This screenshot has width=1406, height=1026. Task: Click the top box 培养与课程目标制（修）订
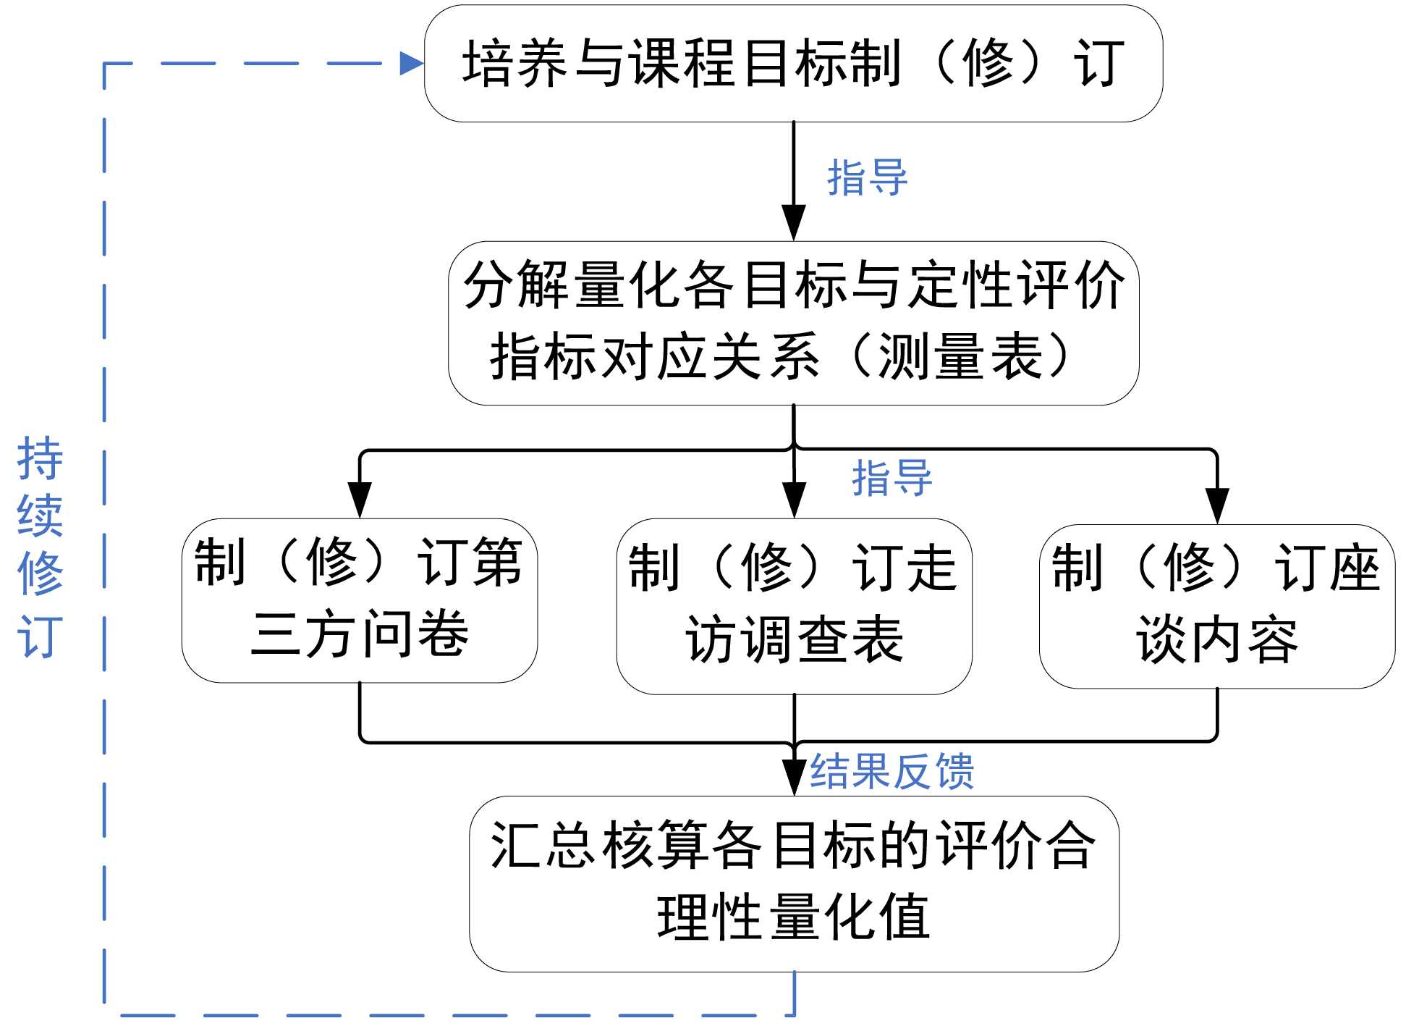(x=793, y=64)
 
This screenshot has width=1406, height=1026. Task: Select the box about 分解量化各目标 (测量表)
(x=793, y=323)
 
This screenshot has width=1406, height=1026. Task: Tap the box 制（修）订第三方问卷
(x=359, y=600)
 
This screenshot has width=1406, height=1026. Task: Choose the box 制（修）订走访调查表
(x=794, y=606)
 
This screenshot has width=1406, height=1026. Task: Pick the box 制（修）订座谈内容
(x=1217, y=606)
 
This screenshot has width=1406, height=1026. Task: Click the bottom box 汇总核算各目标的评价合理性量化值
(x=794, y=883)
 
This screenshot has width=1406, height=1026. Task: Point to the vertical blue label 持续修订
(x=40, y=547)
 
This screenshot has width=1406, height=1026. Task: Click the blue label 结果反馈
(x=892, y=770)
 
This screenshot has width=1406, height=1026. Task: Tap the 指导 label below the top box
(x=867, y=178)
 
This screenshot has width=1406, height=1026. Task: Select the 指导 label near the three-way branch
(x=892, y=478)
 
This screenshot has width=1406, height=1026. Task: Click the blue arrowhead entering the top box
(x=411, y=63)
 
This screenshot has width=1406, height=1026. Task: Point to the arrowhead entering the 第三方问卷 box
(x=360, y=500)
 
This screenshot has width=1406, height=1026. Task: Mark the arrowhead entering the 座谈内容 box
(x=1217, y=505)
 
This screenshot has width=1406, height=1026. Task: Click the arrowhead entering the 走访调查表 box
(x=795, y=500)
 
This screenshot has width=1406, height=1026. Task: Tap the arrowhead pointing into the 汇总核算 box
(x=795, y=777)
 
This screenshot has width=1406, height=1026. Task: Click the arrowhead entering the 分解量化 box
(x=794, y=222)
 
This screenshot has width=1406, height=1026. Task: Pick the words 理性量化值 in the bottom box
(x=794, y=917)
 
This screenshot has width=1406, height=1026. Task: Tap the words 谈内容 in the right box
(x=1217, y=640)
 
